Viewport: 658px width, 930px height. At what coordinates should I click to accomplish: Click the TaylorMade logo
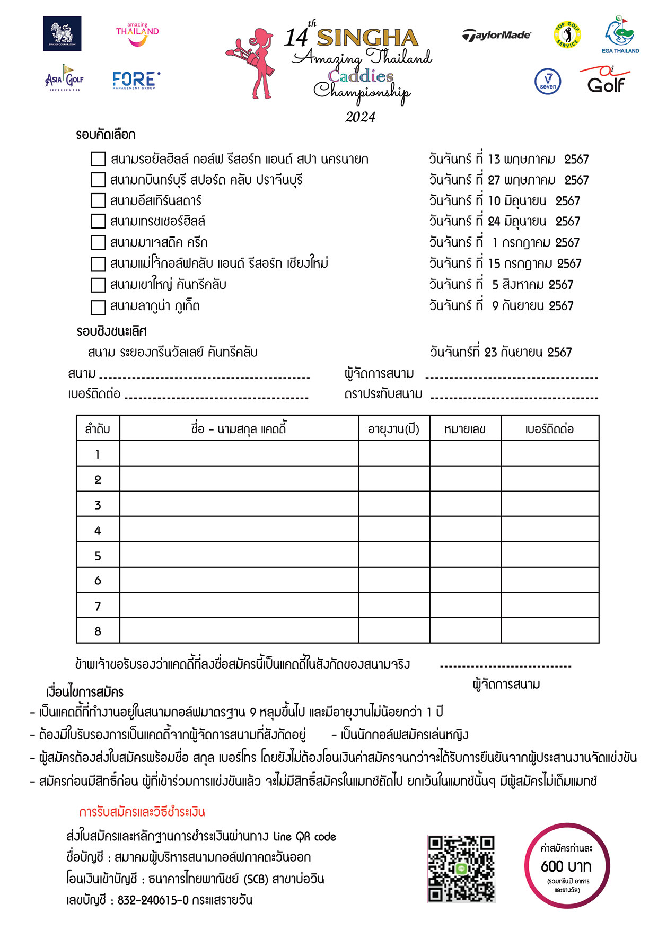point(496,35)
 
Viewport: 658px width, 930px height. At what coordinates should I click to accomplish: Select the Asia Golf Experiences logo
point(64,78)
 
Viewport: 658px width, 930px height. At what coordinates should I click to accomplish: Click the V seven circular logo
point(548,82)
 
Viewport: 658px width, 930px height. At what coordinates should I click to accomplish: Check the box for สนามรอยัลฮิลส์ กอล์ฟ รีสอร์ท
point(98,159)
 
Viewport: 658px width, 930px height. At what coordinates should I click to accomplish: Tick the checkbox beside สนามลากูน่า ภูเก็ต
point(98,307)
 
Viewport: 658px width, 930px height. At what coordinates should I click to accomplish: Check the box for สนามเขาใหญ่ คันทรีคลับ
point(98,285)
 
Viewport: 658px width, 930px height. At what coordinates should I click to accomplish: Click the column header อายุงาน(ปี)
point(393,428)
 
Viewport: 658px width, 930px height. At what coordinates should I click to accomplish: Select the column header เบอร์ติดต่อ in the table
point(549,428)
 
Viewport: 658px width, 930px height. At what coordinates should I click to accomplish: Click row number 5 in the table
point(98,556)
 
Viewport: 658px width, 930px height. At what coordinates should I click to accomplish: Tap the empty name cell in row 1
point(239,454)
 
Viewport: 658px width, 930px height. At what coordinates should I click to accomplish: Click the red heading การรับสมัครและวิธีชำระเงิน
point(142,812)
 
